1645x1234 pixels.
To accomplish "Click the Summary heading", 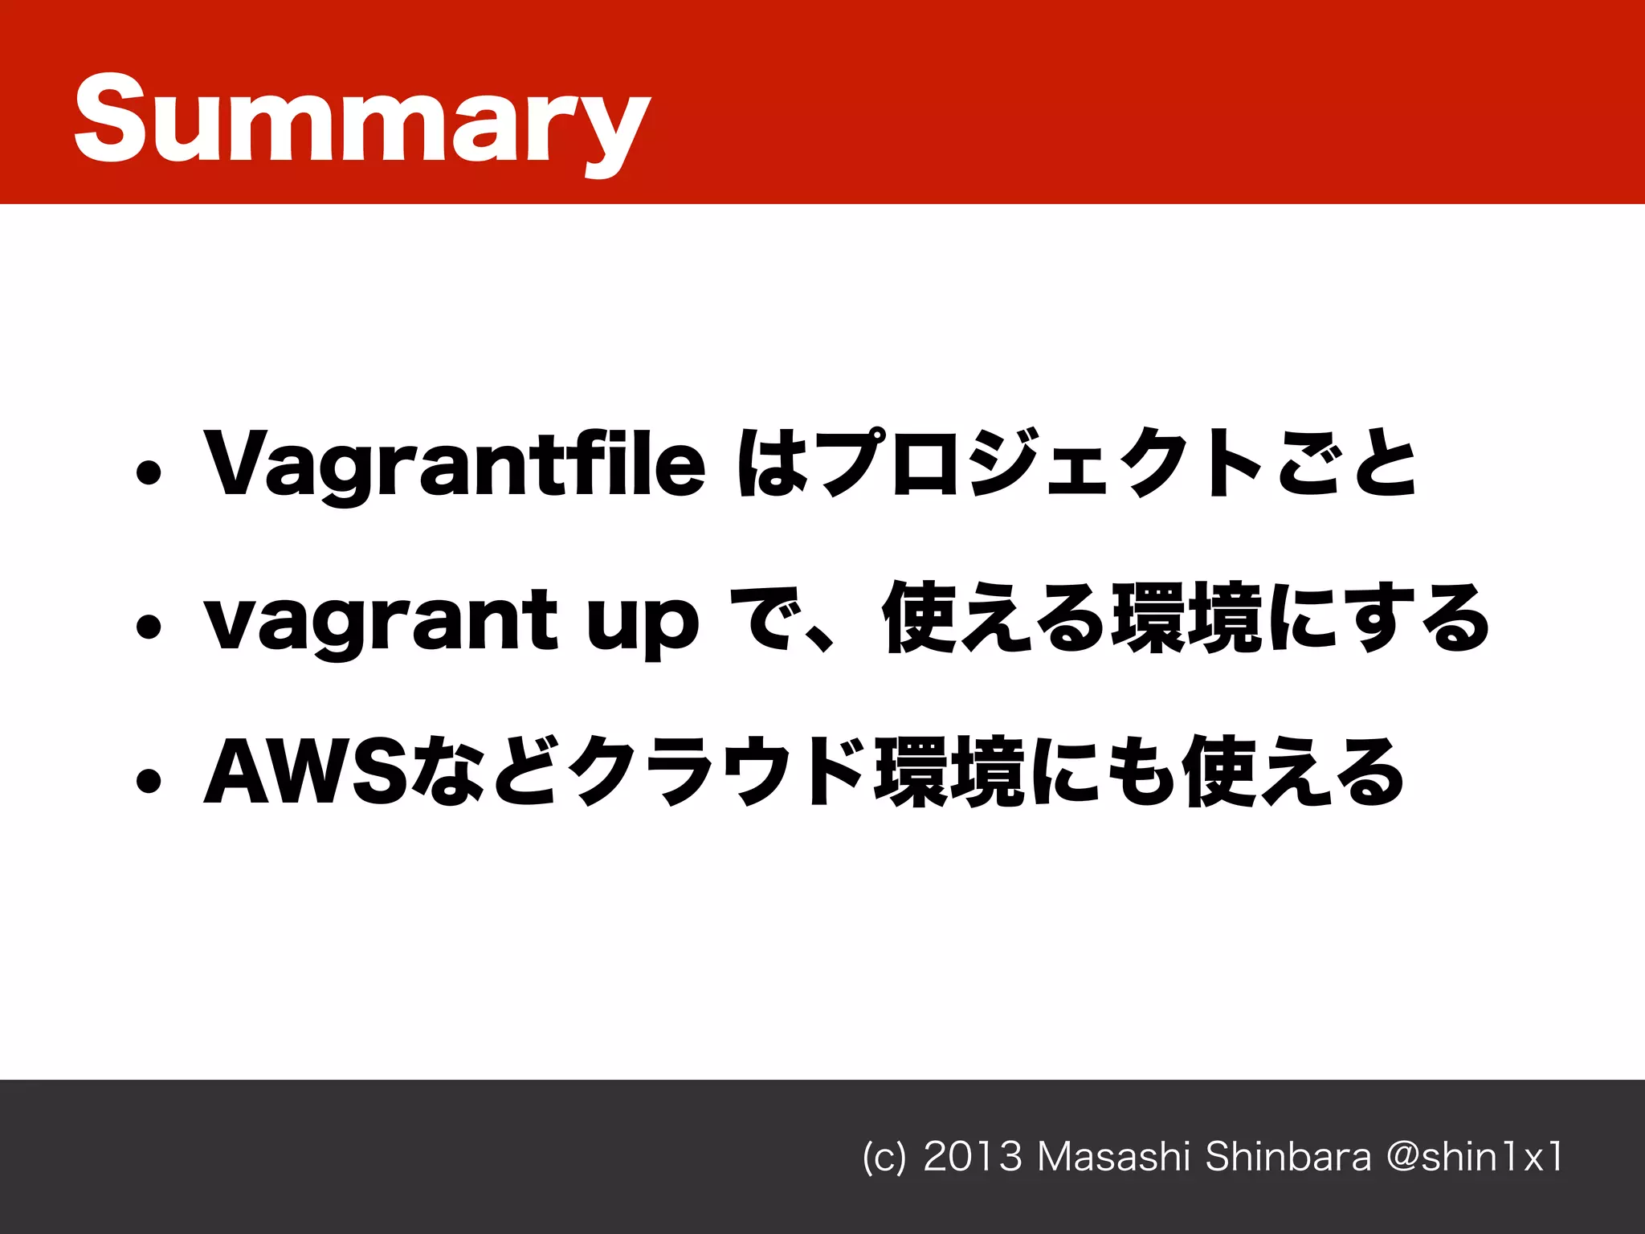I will click(x=361, y=121).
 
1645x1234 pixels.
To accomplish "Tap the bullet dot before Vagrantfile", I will click(x=149, y=474).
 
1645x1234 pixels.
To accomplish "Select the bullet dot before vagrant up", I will click(x=149, y=627).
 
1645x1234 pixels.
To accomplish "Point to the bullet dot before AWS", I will click(x=149, y=780).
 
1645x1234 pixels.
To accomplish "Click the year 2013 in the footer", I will click(x=973, y=1158).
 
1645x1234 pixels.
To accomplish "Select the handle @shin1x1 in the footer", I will click(x=1475, y=1158).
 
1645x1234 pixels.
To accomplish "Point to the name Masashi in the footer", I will click(x=1113, y=1158).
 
